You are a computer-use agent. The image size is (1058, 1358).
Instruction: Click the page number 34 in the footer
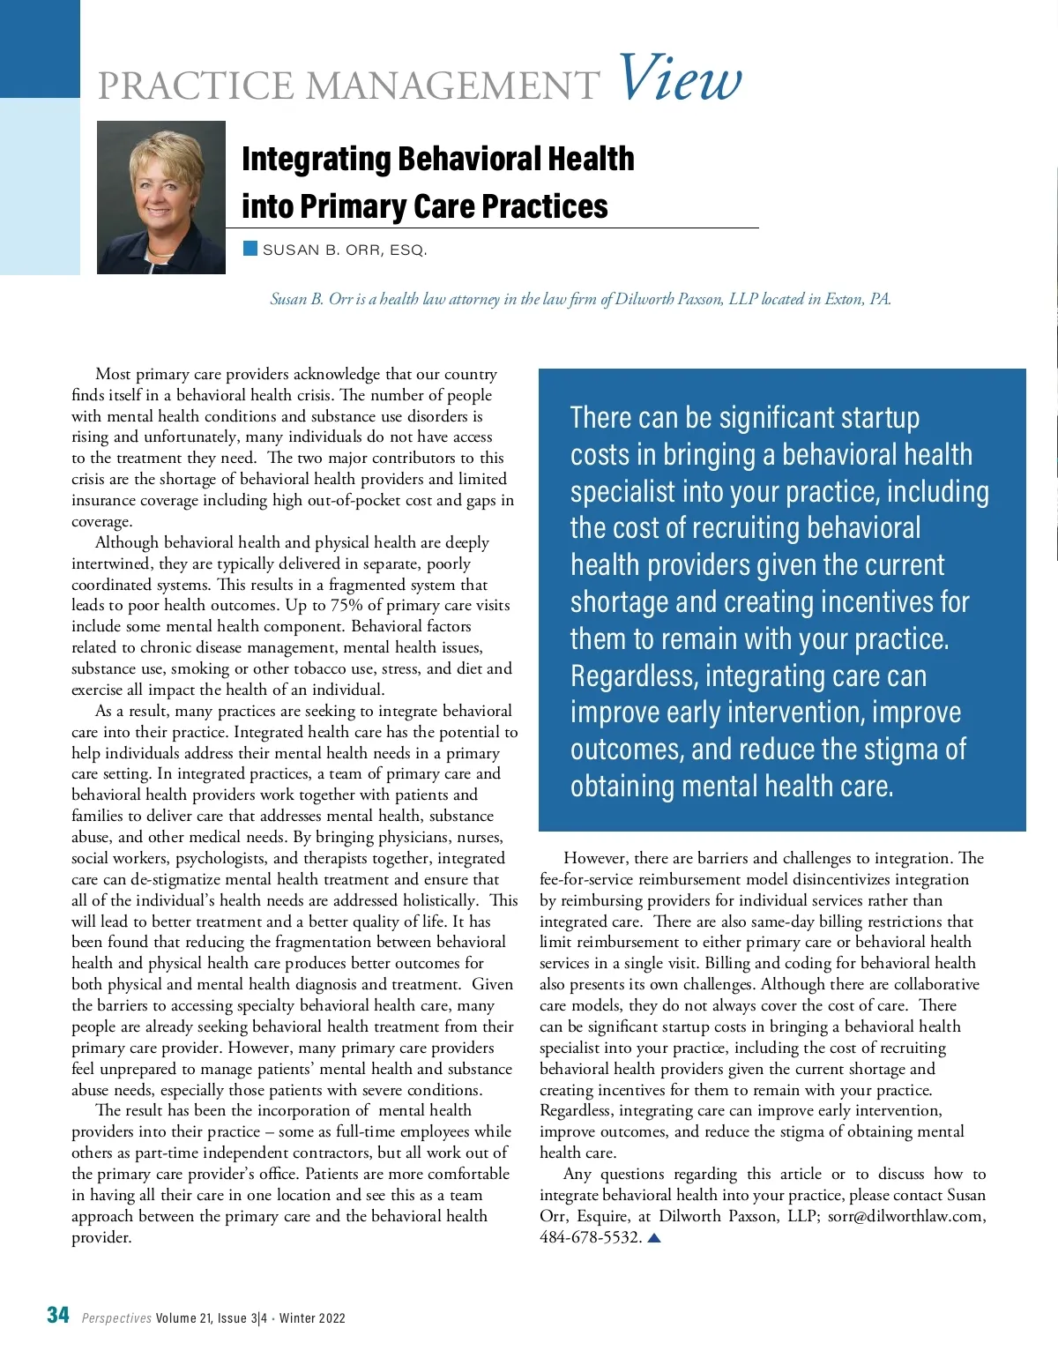pos(58,1316)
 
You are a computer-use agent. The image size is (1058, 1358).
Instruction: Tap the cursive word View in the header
pos(679,78)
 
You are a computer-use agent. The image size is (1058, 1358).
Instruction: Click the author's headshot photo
pos(160,197)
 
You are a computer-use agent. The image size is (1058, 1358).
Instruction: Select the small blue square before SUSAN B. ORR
pos(250,249)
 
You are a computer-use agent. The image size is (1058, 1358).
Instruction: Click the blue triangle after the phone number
pos(654,1238)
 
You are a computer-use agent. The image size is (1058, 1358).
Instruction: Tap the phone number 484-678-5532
pos(590,1238)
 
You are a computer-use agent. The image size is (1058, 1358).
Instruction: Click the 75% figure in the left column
pos(347,606)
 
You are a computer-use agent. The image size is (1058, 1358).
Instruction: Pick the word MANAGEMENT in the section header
pos(453,86)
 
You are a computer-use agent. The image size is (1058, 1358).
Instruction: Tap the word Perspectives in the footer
pos(116,1318)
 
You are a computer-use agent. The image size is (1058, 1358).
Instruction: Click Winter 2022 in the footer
pos(312,1318)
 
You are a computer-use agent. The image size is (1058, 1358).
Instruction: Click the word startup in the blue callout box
pos(868,418)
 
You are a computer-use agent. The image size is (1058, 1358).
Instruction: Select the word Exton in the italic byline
pos(845,299)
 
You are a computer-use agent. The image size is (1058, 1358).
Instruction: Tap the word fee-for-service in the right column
pos(586,879)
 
